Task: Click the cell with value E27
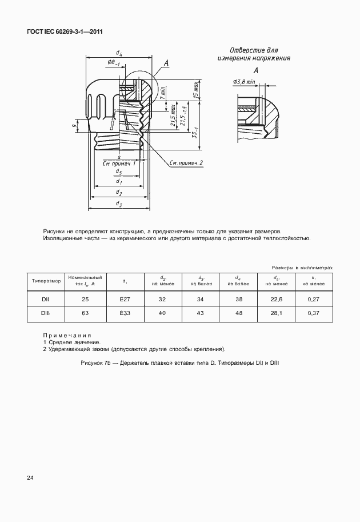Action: pos(125,299)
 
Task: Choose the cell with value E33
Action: pos(125,313)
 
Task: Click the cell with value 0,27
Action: pos(313,299)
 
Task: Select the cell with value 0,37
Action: pos(313,313)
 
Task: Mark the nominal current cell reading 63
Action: pos(85,313)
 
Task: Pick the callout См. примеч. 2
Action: pos(187,164)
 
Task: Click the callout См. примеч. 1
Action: pos(119,164)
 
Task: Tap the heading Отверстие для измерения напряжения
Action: pos(254,54)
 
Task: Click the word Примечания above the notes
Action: pos(67,335)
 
